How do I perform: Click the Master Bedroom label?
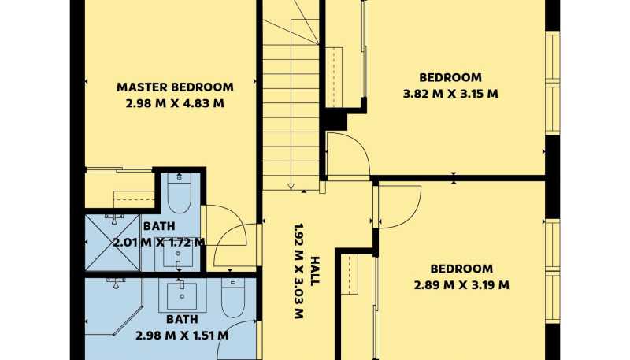pos(175,87)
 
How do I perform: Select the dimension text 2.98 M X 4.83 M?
pos(175,103)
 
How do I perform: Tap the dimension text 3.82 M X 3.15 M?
pos(450,94)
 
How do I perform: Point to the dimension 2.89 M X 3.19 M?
pos(461,285)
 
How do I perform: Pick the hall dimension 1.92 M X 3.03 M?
pos(298,271)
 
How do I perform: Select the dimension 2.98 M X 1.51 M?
pos(182,335)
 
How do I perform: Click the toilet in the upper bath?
pos(179,193)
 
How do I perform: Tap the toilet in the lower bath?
pos(232,298)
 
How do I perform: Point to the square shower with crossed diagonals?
pos(113,243)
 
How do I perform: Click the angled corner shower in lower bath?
pos(113,306)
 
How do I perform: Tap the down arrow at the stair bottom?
pos(291,185)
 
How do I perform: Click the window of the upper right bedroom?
pos(553,84)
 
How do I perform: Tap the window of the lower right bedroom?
pos(553,271)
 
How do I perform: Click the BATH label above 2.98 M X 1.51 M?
pos(182,319)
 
